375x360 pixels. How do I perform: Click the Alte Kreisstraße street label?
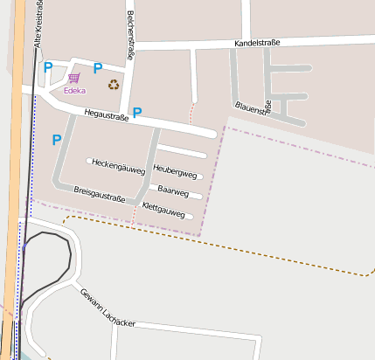click(x=37, y=24)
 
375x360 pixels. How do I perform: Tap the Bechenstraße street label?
click(x=129, y=35)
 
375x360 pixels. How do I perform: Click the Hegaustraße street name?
click(x=107, y=114)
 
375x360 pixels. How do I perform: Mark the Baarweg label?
click(x=173, y=190)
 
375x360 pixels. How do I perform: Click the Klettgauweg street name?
click(x=163, y=211)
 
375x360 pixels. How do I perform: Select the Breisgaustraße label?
click(x=100, y=193)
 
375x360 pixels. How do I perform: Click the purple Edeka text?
click(x=74, y=90)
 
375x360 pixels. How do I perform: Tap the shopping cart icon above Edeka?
click(x=73, y=78)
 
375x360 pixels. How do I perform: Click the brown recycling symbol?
click(x=114, y=85)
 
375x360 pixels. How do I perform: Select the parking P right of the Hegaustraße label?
click(x=137, y=112)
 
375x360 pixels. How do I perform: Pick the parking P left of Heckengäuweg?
click(x=57, y=139)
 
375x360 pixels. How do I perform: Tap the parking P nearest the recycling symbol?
click(x=98, y=68)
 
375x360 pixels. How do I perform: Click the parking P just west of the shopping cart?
click(x=49, y=67)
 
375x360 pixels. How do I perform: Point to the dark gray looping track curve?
click(x=66, y=253)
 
